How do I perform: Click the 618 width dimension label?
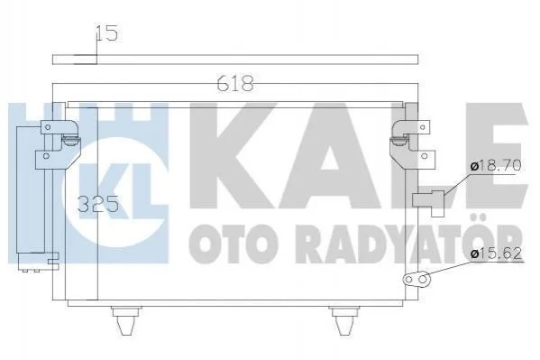click(236, 84)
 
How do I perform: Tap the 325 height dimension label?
click(98, 204)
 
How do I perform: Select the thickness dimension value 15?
click(106, 33)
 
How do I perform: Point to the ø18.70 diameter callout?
click(496, 166)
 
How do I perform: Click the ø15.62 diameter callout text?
click(496, 254)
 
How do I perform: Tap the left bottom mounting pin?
click(126, 320)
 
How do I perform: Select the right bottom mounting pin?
click(344, 320)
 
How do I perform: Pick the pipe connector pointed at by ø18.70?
click(429, 202)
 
